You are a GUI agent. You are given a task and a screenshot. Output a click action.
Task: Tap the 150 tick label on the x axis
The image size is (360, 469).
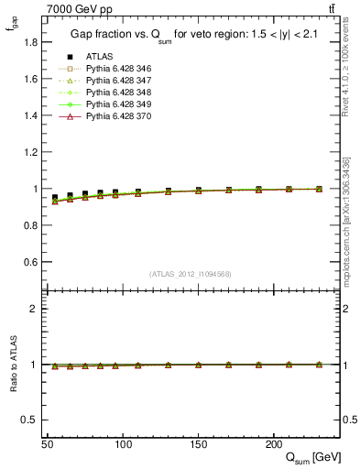point(198,443)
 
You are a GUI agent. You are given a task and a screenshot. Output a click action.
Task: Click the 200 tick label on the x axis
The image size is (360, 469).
point(273,443)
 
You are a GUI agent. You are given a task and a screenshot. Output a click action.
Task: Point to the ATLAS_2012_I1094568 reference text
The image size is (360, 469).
point(190,273)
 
